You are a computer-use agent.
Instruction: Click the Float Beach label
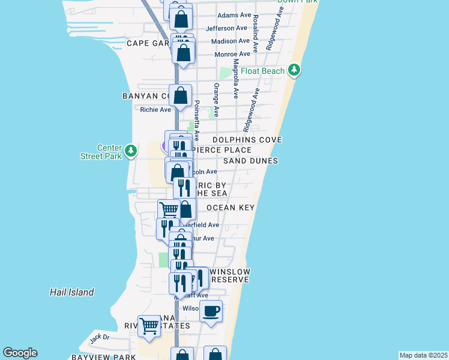point(262,71)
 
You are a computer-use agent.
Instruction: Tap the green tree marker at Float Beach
point(294,71)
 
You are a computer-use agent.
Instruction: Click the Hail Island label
point(71,292)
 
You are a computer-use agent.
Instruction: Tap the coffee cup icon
point(211,311)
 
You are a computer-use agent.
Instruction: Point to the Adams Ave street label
point(234,15)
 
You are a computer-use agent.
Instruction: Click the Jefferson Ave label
point(227,28)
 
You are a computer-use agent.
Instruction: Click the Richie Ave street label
point(155,109)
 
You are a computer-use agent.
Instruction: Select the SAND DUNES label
point(250,161)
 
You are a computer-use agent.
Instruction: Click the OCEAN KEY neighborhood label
point(231,208)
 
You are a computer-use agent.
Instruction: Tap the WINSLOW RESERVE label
point(231,276)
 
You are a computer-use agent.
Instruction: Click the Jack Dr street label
point(100,337)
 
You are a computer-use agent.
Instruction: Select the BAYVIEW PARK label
point(103,357)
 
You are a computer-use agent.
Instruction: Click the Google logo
point(20,353)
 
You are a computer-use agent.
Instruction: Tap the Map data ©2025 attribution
point(423,355)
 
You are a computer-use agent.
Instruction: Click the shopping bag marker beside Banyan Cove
point(180,95)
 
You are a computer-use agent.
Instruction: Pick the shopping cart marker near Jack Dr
point(149,326)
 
